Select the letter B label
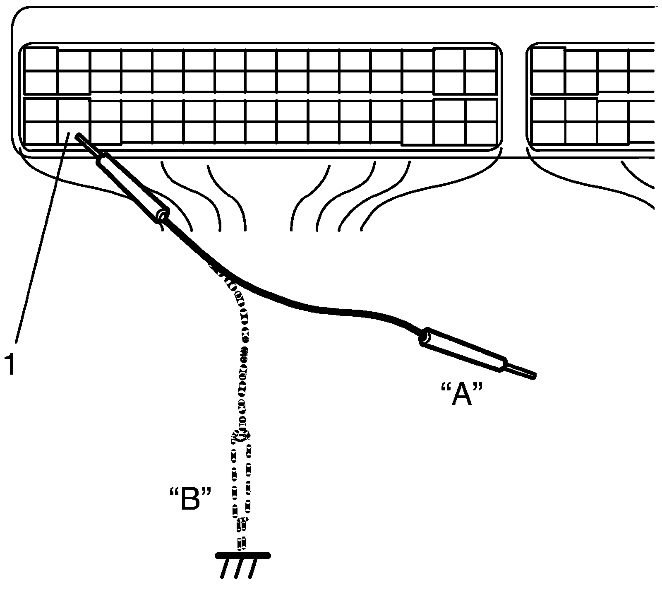point(191,499)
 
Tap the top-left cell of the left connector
point(41,59)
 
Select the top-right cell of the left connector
point(481,59)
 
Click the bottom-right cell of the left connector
point(481,133)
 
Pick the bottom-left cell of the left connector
point(41,133)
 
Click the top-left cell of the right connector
point(548,59)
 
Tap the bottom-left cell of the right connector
point(548,133)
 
